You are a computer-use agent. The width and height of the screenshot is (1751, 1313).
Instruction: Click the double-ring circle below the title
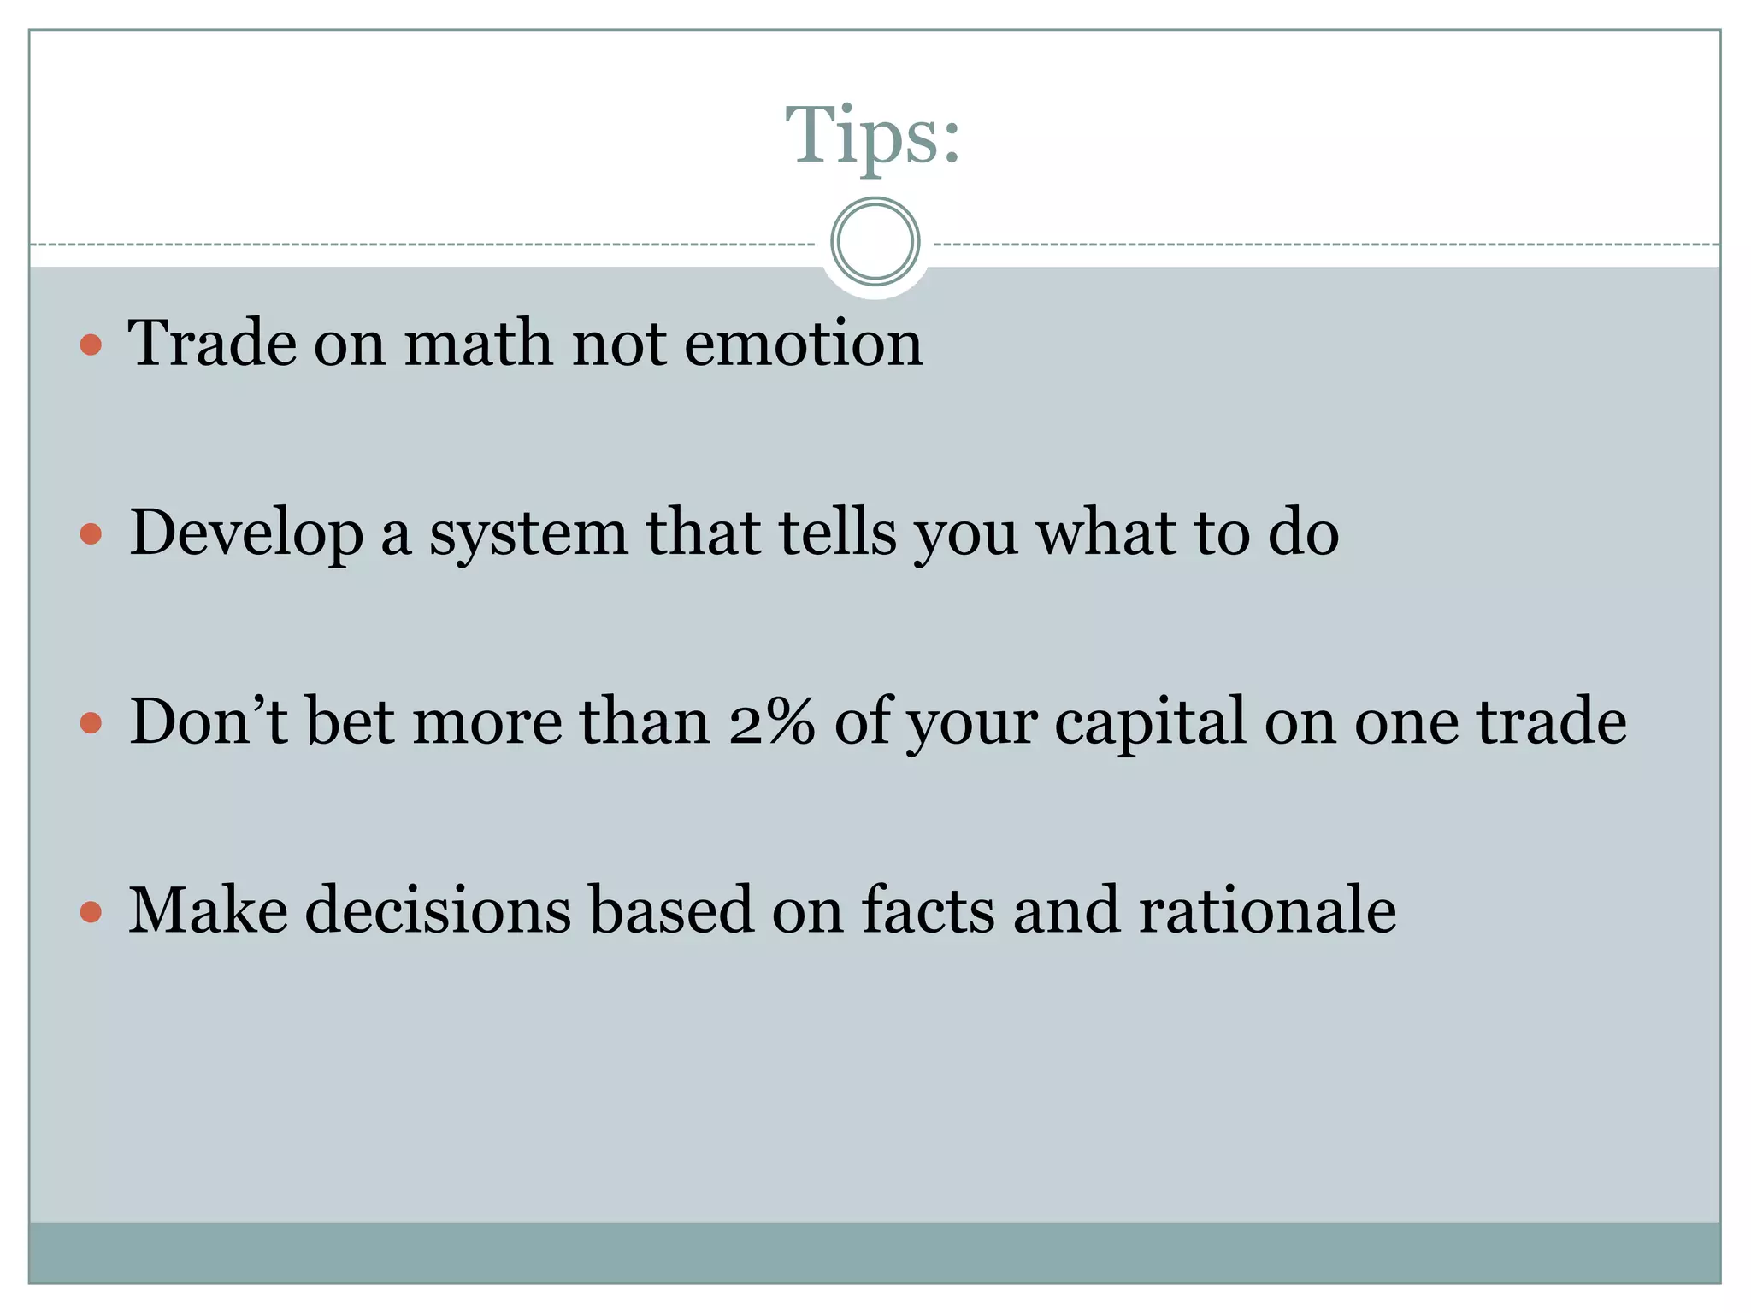[x=875, y=242]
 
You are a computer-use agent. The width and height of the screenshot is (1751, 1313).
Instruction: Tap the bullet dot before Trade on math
[x=91, y=345]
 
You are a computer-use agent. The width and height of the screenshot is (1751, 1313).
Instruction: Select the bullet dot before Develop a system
[x=91, y=535]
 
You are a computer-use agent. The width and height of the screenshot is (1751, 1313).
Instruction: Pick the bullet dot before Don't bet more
[x=91, y=724]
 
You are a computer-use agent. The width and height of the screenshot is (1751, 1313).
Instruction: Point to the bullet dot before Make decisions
[x=91, y=912]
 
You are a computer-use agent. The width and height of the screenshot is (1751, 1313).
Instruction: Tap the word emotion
[x=803, y=344]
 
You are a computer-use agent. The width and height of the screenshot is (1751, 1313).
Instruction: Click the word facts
[x=928, y=910]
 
